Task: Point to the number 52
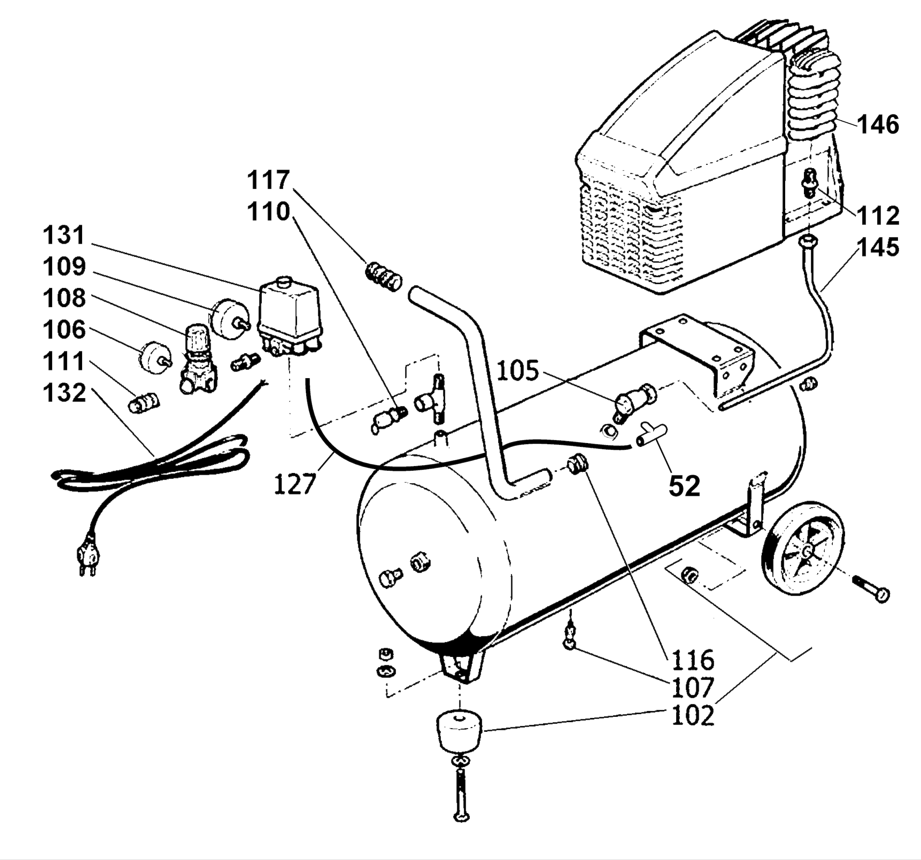[684, 486]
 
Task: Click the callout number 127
[295, 483]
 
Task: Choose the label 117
[268, 180]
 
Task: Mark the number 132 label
[64, 393]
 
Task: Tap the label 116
[693, 660]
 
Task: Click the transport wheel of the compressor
[802, 552]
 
